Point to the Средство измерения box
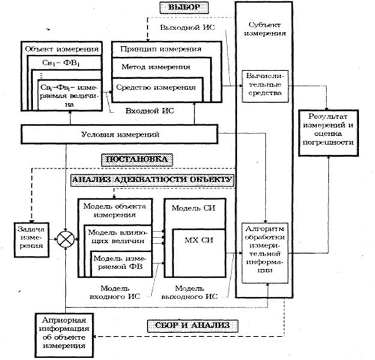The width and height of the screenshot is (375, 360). pos(155,88)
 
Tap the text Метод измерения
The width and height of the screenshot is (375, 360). pos(151,67)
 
